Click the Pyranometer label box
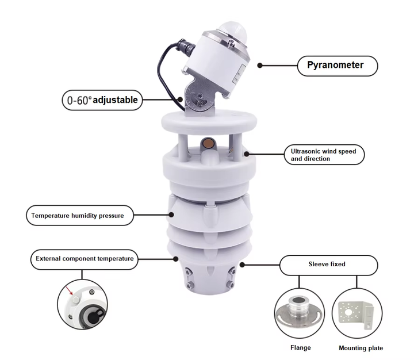[338, 66]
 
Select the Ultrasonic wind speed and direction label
[324, 155]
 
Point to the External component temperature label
[84, 259]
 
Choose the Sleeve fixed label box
[328, 265]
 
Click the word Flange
[300, 347]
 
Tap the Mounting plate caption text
[361, 348]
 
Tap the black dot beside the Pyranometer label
[260, 66]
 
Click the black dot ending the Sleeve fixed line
[243, 265]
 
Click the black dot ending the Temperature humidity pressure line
[171, 216]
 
